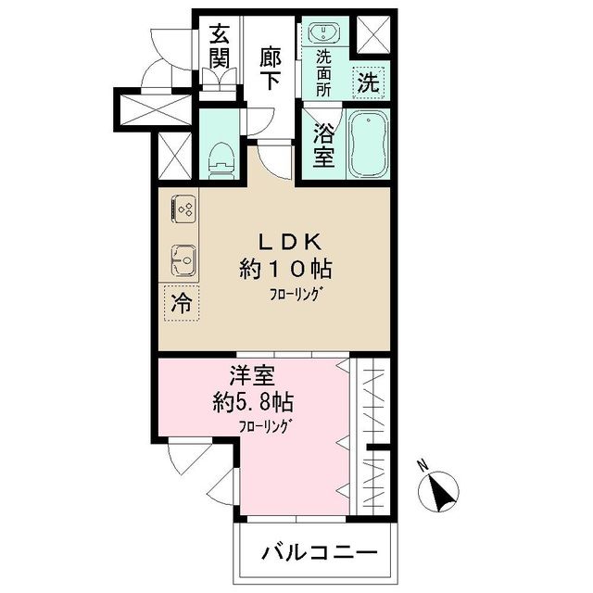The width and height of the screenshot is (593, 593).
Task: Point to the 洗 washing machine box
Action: (369, 81)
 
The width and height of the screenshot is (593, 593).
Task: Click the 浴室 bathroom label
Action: (323, 144)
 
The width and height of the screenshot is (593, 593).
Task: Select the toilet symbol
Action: (221, 158)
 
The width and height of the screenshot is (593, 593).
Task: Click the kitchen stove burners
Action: (183, 210)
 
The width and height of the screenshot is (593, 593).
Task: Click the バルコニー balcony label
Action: (319, 553)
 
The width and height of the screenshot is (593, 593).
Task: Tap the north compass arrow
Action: (444, 491)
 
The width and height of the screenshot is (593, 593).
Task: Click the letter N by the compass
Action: (422, 465)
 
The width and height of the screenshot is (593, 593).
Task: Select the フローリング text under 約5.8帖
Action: (265, 428)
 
